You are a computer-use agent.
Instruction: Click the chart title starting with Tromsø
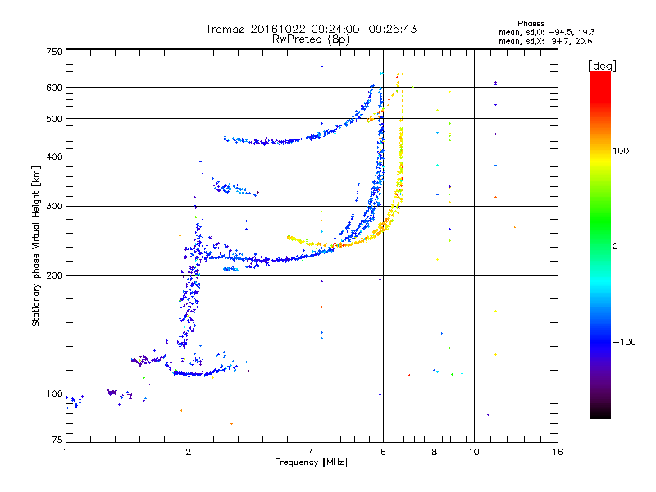[311, 29]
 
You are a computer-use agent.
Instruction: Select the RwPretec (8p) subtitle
[311, 39]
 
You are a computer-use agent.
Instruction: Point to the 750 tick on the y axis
[54, 51]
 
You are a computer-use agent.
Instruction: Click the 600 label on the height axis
[54, 87]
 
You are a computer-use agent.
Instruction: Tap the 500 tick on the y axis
[54, 118]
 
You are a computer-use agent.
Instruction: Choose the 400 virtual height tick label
[54, 157]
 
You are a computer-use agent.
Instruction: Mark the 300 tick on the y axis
[54, 206]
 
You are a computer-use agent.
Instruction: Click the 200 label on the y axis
[54, 275]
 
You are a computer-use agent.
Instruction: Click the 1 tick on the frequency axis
[66, 452]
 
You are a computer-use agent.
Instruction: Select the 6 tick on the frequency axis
[383, 452]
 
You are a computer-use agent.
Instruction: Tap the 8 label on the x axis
[435, 452]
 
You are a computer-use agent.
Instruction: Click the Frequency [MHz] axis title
[311, 463]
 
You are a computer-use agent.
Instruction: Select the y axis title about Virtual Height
[36, 246]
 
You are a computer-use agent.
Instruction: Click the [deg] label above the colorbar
[602, 65]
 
